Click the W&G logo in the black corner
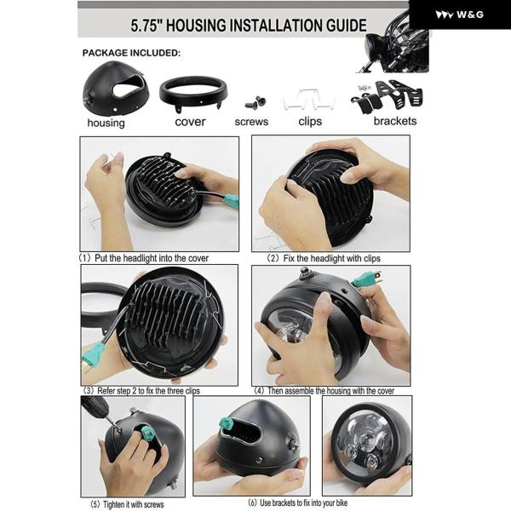coord(459,14)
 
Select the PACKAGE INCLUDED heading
coord(131,53)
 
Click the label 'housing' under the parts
coord(106,123)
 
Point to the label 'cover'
coord(190,122)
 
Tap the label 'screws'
coord(251,122)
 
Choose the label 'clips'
coord(310,122)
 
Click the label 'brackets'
coord(395,121)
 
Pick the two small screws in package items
coord(255,102)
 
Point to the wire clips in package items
coord(308,100)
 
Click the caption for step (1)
coord(143,258)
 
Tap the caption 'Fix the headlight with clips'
coord(332,258)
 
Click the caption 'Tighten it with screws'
coord(134,504)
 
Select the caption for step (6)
coord(297,502)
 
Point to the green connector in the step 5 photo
coord(147,433)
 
